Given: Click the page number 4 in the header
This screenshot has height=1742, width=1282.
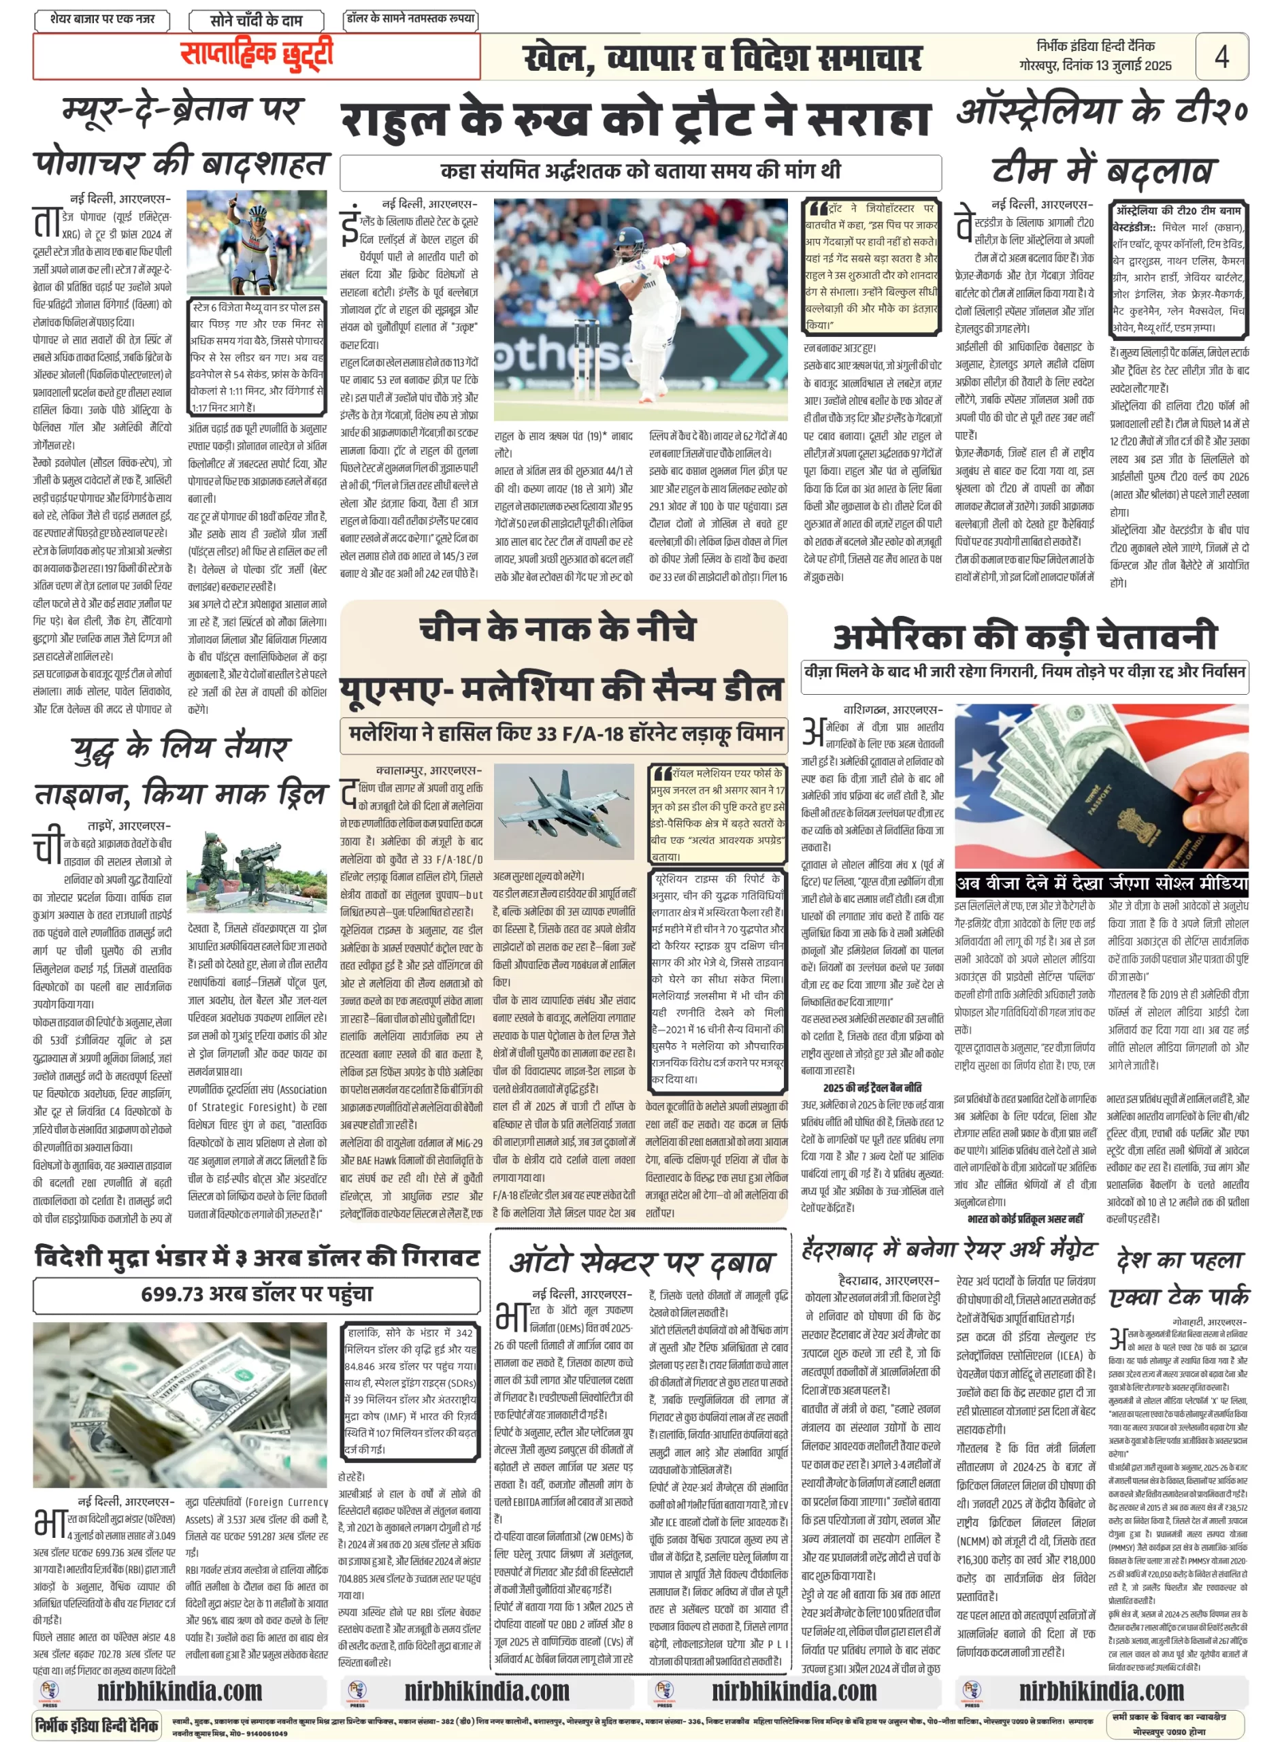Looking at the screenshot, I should coord(1221,56).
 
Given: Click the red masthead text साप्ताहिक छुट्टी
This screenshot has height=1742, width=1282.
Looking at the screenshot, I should coord(257,54).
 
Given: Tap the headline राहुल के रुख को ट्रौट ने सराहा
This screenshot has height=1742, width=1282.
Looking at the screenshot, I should coord(635,120).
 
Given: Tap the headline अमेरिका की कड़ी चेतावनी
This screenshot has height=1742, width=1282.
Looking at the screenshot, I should coord(1024,636).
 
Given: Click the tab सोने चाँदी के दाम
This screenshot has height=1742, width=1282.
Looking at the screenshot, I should coord(256,20).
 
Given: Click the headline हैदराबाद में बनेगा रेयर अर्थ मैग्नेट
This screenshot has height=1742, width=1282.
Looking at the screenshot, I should coord(949,1250).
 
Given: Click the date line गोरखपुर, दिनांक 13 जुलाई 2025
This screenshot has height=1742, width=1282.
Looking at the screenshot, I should coord(1095,66).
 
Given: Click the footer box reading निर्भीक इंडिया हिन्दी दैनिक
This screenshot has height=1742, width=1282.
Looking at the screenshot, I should coord(98,1725).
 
